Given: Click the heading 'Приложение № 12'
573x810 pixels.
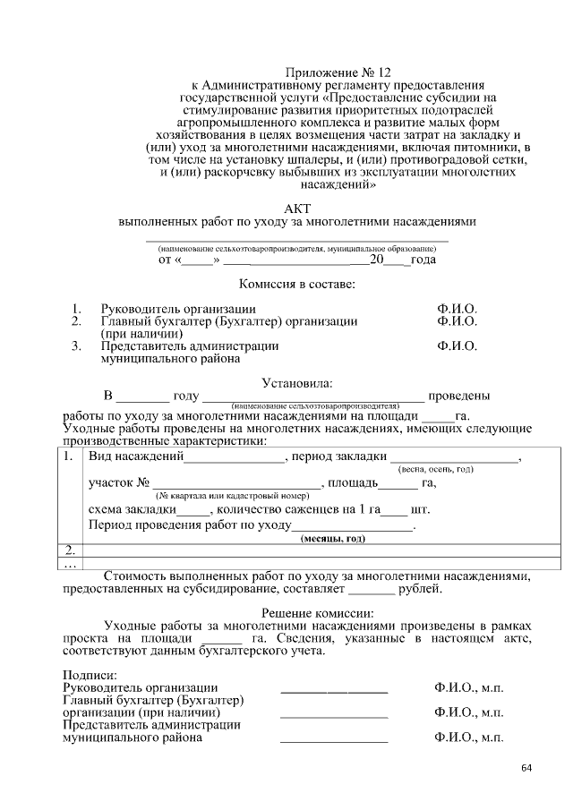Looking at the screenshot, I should (x=338, y=72).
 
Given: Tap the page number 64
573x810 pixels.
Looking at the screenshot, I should (x=526, y=767).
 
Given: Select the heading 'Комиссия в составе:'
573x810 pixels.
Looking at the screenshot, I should (x=296, y=285).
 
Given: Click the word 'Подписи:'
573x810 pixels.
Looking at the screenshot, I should (x=87, y=674).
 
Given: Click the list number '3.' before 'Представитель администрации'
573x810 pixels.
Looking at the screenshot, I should (x=77, y=345).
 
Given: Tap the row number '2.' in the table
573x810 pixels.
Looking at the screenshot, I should (x=71, y=549).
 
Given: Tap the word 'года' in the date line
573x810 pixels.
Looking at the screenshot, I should (x=423, y=260).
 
